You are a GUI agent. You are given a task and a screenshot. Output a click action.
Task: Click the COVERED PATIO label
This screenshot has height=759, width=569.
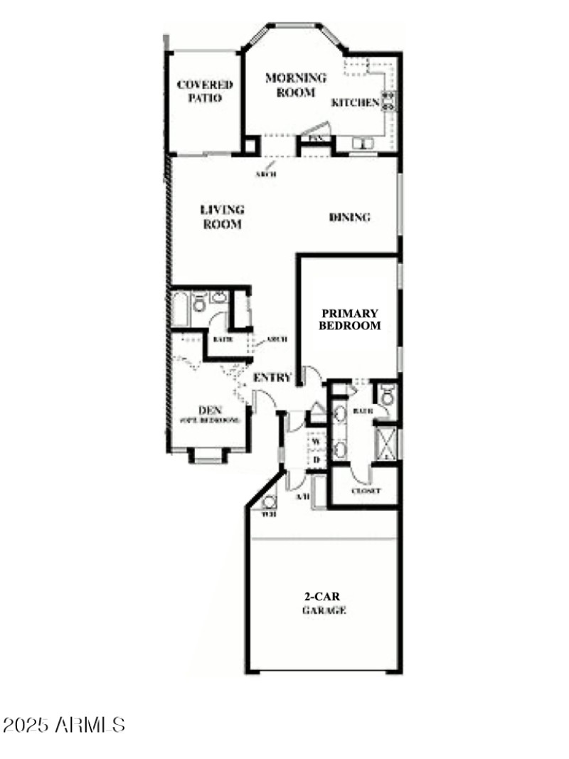pyautogui.click(x=205, y=92)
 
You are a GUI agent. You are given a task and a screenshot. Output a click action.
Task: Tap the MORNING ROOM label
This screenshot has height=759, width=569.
pyautogui.click(x=296, y=85)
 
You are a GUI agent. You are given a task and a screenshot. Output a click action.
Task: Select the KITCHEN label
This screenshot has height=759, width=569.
pyautogui.click(x=356, y=102)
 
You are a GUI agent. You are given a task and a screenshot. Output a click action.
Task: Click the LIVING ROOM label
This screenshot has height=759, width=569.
pyautogui.click(x=222, y=217)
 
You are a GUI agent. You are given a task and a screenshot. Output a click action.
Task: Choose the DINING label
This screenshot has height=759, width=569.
pyautogui.click(x=350, y=218)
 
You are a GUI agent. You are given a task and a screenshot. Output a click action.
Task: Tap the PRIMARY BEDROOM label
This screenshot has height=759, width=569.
pyautogui.click(x=350, y=319)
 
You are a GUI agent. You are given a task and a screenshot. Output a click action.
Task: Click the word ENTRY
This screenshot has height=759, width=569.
pyautogui.click(x=272, y=377)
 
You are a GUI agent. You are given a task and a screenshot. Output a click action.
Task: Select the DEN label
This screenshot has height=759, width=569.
pyautogui.click(x=208, y=414)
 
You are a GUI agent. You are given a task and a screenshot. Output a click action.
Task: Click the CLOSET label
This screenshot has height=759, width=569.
pyautogui.click(x=366, y=492)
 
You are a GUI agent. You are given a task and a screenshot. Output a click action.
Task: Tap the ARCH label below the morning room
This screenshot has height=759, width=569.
pyautogui.click(x=266, y=174)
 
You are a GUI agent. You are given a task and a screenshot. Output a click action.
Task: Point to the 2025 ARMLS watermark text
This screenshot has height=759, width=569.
pyautogui.click(x=64, y=726)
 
